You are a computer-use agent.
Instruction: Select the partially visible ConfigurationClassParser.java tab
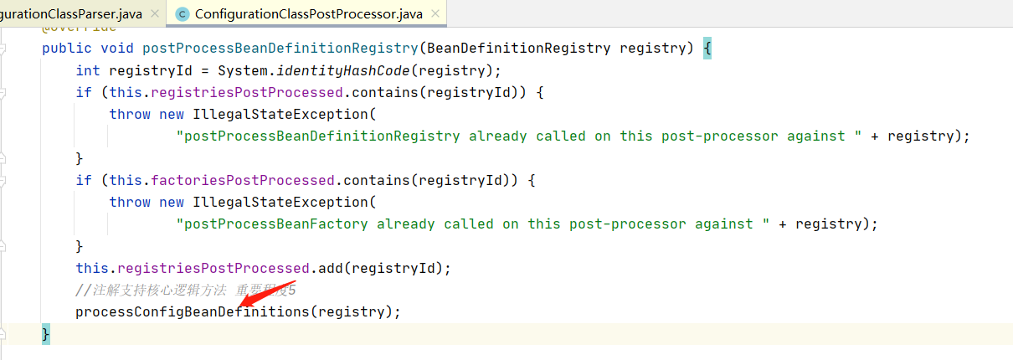click(x=71, y=14)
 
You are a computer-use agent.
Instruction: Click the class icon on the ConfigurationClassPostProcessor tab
click(x=183, y=14)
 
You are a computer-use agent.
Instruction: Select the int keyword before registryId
click(x=88, y=70)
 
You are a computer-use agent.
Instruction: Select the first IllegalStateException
click(x=280, y=114)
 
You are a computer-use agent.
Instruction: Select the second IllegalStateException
click(x=280, y=202)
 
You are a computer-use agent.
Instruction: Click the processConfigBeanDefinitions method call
click(x=192, y=311)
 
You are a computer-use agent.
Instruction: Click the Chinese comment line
click(x=185, y=290)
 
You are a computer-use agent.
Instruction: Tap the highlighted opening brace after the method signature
click(x=707, y=48)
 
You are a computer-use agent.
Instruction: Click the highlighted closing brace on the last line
click(x=46, y=333)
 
